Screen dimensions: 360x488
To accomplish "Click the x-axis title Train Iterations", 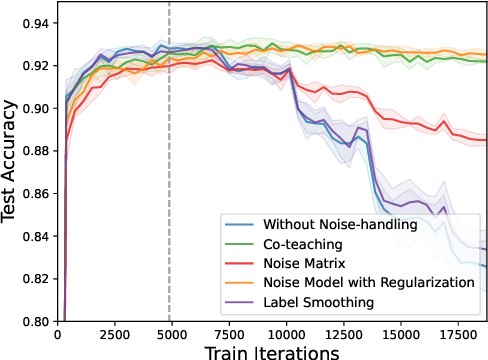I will click(272, 351).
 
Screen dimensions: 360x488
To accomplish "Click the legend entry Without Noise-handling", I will click(340, 225).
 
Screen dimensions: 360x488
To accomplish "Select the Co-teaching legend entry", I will click(303, 244).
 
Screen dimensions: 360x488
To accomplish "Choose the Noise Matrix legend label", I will click(305, 263).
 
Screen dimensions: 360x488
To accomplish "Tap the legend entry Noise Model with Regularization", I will click(368, 282).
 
